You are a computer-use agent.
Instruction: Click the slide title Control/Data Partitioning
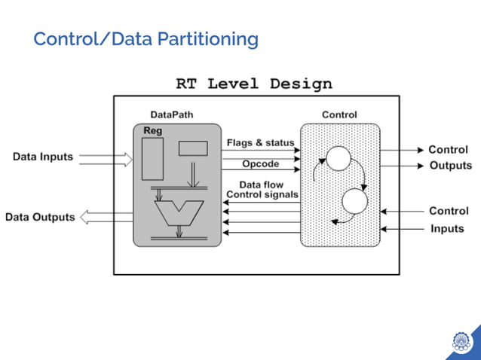pos(146,39)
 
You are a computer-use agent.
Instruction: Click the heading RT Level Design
pos(253,84)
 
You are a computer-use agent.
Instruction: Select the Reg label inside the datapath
pos(154,131)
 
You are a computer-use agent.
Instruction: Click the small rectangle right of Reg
pos(193,148)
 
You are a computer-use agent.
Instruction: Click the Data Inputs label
pos(43,157)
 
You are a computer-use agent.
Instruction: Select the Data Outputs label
pos(40,217)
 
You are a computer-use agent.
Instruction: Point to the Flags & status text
pos(260,142)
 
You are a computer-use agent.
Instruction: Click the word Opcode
pos(260,163)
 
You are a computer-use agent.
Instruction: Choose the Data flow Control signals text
pos(262,190)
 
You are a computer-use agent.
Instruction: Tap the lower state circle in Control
pos(354,202)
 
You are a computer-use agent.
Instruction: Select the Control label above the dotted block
pos(339,114)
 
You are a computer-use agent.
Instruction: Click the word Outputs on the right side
pos(450,166)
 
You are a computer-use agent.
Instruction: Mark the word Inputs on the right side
pos(447,228)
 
